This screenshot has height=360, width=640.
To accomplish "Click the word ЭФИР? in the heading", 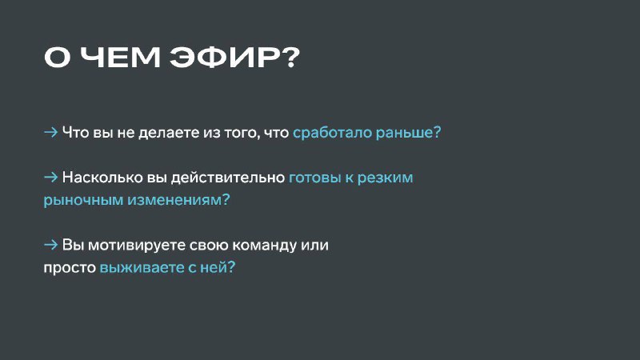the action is (234, 57).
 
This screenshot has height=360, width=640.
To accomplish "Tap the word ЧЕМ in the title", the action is (121, 57).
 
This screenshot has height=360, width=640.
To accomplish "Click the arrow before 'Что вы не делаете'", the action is (50, 132).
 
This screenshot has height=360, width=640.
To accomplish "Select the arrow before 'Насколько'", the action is (50, 177).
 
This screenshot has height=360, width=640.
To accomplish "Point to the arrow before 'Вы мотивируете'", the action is (50, 245).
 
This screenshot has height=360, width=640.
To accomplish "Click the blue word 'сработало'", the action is (332, 132).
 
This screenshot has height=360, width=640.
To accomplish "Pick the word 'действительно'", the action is (228, 178).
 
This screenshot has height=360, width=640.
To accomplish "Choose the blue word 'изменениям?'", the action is (178, 200).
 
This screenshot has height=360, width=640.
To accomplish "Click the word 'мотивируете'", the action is (137, 246).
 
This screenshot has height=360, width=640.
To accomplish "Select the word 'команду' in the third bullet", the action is (258, 246).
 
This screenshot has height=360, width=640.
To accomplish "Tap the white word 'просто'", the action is (70, 268).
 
